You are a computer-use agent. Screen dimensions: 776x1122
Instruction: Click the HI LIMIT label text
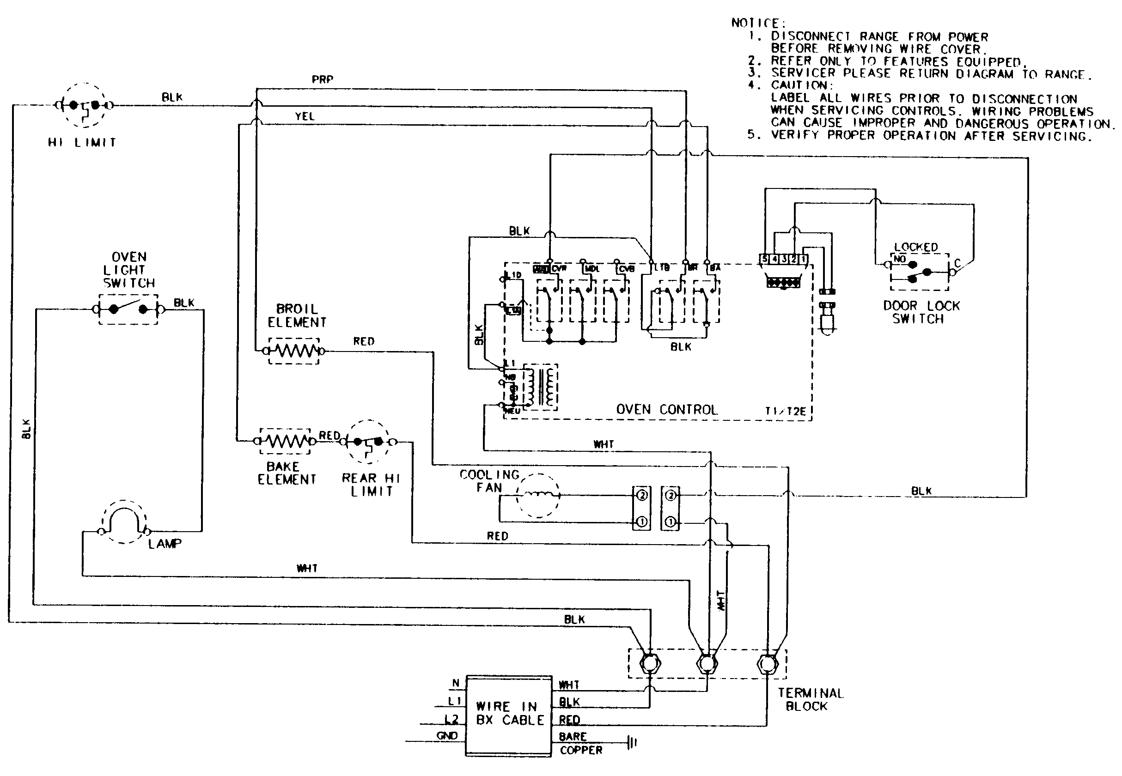(x=82, y=142)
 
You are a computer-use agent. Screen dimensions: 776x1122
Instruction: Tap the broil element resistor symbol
(x=294, y=351)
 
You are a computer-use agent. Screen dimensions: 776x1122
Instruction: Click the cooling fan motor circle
(x=537, y=495)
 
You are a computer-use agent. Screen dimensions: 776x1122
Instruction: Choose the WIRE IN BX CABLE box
(x=509, y=715)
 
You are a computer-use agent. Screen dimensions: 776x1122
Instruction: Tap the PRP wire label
(x=323, y=79)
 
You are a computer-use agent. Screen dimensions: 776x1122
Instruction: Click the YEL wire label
(x=305, y=117)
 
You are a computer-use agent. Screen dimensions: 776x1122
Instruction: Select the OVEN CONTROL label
(x=667, y=410)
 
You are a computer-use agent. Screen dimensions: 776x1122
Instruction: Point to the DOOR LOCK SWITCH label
(x=921, y=312)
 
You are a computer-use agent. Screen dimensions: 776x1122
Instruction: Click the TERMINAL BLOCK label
(x=810, y=700)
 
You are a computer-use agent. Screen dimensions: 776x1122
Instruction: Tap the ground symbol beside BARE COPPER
(x=632, y=742)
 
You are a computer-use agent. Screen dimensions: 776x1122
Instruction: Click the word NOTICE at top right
(x=758, y=23)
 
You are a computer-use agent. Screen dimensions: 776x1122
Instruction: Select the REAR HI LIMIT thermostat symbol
(x=368, y=442)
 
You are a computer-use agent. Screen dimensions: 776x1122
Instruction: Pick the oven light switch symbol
(x=128, y=309)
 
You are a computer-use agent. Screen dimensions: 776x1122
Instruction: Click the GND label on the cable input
(x=447, y=736)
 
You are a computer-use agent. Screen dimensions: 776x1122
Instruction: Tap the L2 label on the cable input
(x=451, y=719)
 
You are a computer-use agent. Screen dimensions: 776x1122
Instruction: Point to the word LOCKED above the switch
(x=916, y=247)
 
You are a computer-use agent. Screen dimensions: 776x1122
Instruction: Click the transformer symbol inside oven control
(x=539, y=387)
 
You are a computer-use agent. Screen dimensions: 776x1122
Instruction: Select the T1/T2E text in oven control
(x=786, y=412)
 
